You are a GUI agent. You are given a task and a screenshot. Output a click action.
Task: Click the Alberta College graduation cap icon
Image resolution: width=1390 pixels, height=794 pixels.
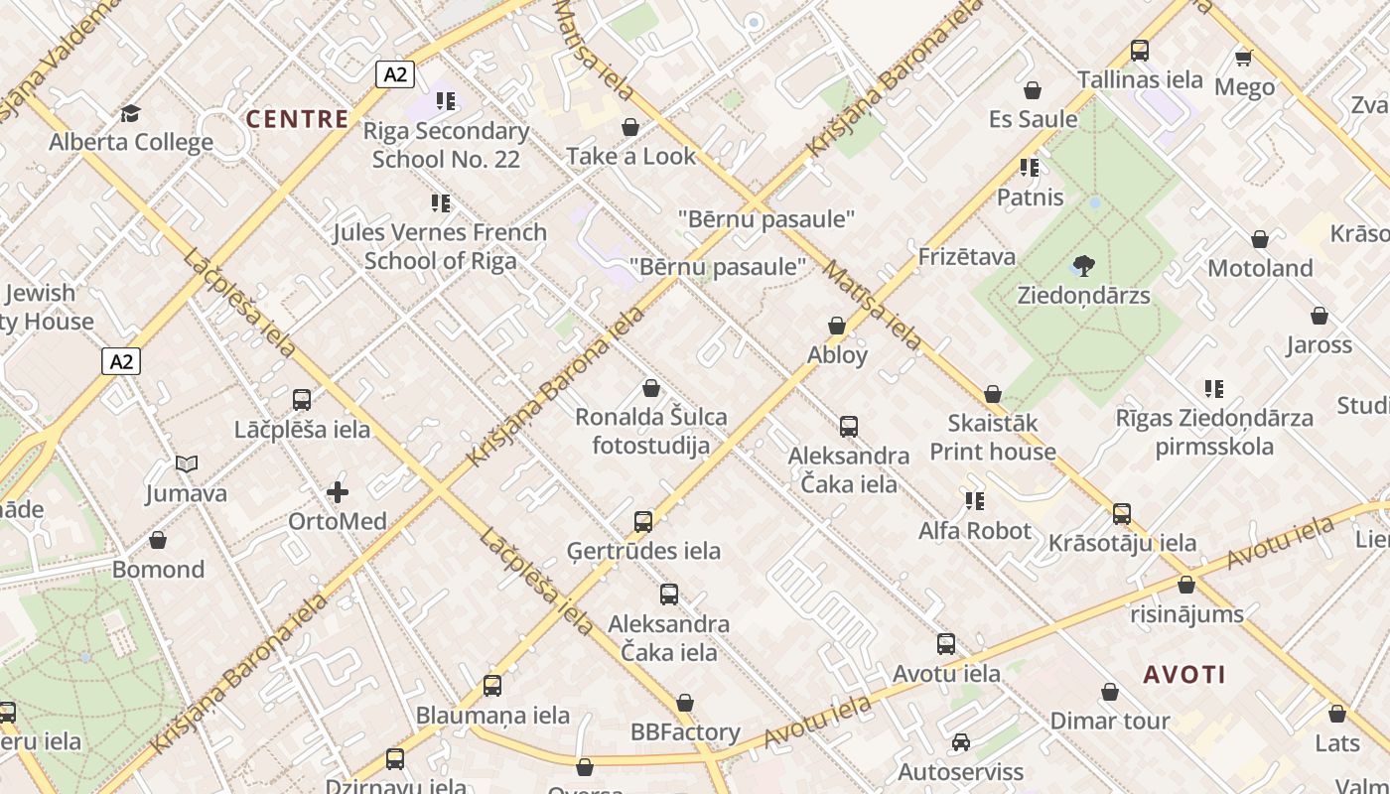pos(130,113)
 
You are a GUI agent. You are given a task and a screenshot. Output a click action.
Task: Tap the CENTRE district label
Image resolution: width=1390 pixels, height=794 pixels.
pos(297,120)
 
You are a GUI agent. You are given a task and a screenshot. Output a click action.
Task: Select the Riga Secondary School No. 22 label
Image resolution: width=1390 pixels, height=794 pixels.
pos(446,145)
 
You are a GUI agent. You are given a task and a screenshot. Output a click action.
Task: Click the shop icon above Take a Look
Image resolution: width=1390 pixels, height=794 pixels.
pos(629,127)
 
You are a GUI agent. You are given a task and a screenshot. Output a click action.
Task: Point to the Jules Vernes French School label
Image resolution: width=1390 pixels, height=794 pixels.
pos(440,246)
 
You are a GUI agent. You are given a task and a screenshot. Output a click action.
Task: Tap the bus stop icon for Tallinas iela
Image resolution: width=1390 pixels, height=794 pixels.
pos(1139,51)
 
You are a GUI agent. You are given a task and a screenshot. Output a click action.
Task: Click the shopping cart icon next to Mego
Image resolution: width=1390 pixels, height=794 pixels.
pos(1244,58)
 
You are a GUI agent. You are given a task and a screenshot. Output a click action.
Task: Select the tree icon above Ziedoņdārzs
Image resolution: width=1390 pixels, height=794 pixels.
pos(1083,265)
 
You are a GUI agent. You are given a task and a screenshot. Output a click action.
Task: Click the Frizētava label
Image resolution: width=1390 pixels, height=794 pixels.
pos(966,257)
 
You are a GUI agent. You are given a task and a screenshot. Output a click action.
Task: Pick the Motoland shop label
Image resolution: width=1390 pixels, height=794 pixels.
pos(1259,268)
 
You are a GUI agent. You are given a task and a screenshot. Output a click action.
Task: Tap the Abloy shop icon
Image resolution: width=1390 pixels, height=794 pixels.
pos(837,326)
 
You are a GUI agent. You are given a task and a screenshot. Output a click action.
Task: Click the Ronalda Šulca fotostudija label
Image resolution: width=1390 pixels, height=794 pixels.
pos(651,431)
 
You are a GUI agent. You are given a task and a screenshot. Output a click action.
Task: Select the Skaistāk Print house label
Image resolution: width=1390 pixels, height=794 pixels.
pos(992,437)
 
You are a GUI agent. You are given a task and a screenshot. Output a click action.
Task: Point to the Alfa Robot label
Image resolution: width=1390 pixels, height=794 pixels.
pos(974,531)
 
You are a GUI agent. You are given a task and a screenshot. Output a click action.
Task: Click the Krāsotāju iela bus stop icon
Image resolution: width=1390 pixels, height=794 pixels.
pos(1122,513)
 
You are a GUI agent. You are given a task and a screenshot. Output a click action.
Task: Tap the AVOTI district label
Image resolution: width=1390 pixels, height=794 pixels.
pos(1184,675)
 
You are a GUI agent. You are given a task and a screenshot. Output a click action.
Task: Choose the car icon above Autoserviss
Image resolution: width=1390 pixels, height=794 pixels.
pos(960,742)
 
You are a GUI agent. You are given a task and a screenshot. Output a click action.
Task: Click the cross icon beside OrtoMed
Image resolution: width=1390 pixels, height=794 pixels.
pos(338,492)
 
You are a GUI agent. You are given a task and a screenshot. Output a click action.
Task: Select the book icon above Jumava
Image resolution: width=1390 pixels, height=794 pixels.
pos(186,463)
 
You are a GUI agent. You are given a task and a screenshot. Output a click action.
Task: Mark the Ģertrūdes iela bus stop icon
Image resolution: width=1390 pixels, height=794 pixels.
pos(643,521)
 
